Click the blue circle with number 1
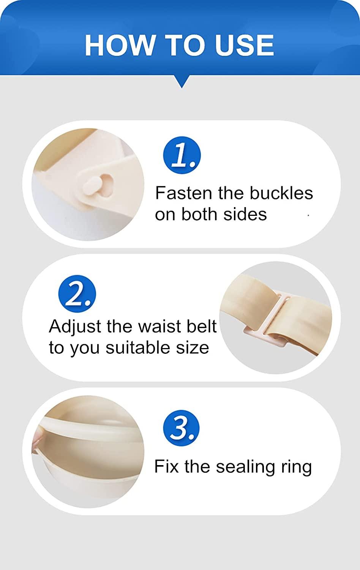[x=182, y=155]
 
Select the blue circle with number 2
[x=77, y=294]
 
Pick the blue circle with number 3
[x=182, y=428]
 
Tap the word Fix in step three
[x=166, y=467]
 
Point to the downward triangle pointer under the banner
[x=182, y=81]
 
